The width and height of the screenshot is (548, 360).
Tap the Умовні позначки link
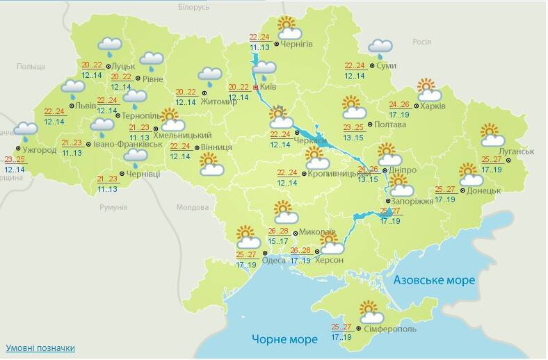pyautogui.click(x=40, y=347)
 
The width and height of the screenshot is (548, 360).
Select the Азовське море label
pyautogui.click(x=434, y=280)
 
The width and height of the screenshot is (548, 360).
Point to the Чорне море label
pyautogui.click(x=284, y=339)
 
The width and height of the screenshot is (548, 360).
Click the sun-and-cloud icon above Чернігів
pyautogui.click(x=289, y=28)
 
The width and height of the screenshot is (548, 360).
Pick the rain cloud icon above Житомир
pyautogui.click(x=209, y=76)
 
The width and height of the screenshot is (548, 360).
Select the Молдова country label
pyautogui.click(x=193, y=207)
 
